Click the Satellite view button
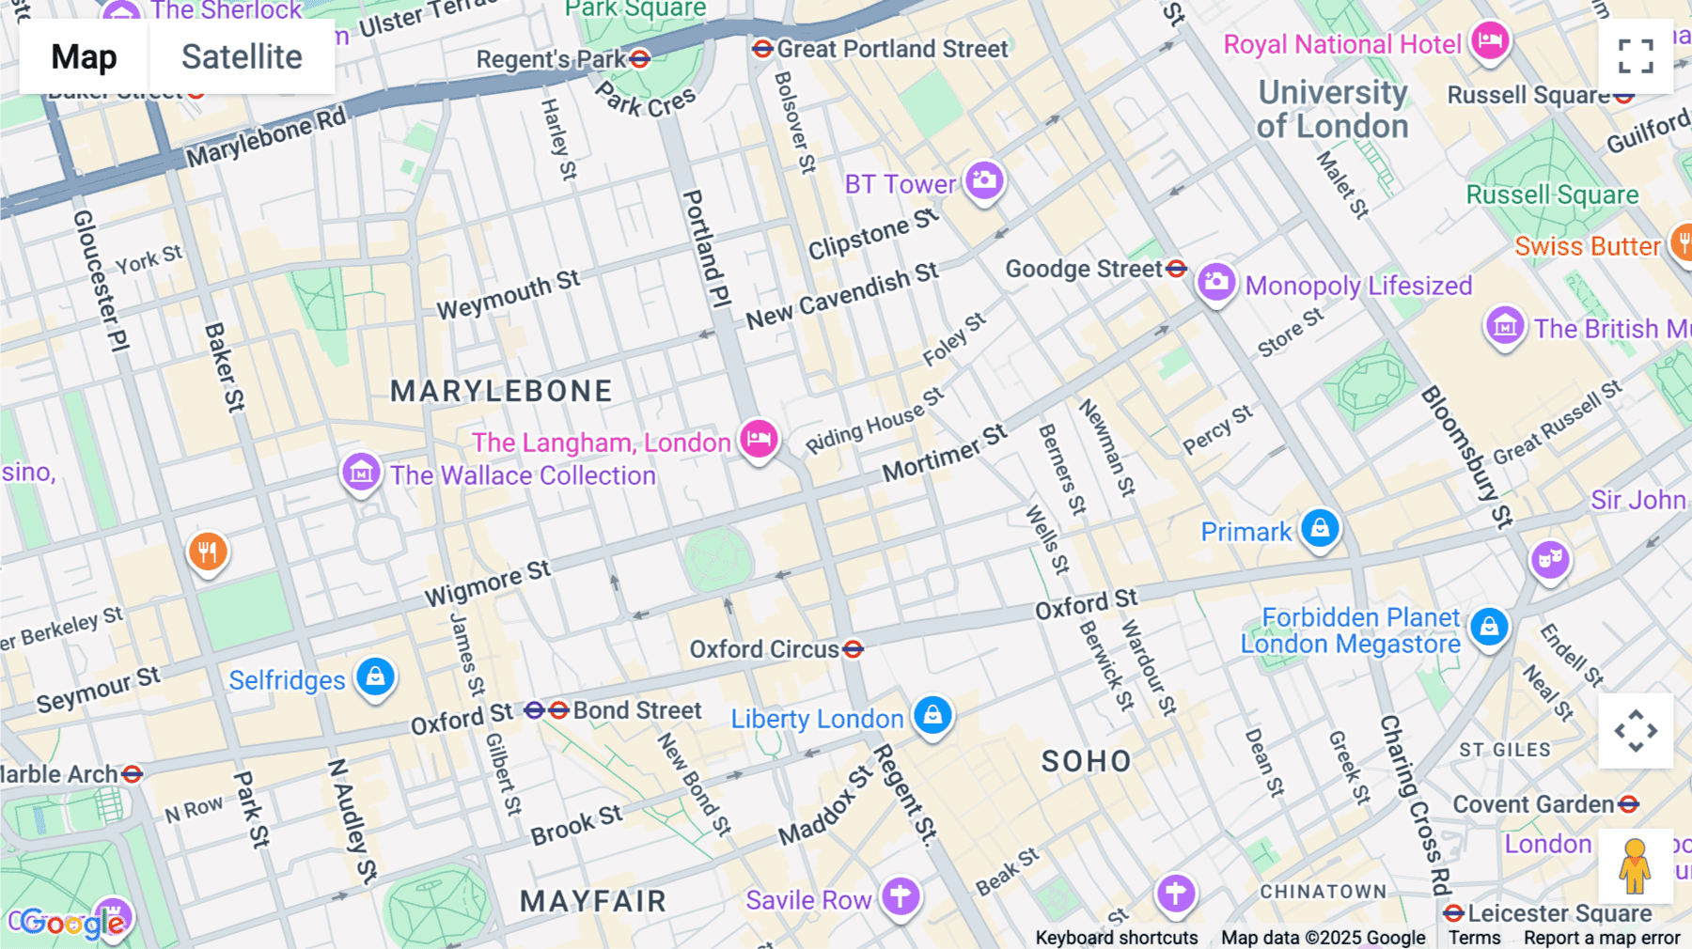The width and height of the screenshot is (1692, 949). (242, 57)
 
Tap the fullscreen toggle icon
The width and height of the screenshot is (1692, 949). (1636, 56)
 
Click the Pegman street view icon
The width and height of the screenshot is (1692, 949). (1636, 866)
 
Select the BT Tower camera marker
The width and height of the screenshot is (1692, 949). (984, 179)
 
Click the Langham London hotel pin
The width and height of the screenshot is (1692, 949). (759, 438)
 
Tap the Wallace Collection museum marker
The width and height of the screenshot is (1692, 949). (361, 473)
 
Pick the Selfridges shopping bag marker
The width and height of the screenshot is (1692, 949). (375, 677)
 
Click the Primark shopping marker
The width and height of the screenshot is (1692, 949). (1320, 528)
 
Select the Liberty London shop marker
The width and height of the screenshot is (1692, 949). (932, 716)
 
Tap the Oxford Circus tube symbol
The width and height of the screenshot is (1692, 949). (853, 649)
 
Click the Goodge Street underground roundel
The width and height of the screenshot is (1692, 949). (1176, 269)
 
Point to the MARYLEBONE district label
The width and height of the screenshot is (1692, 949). (501, 391)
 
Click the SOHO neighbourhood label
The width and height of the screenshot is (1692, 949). (1086, 761)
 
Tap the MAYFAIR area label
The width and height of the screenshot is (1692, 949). (593, 901)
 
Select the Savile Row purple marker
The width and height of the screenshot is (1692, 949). (900, 896)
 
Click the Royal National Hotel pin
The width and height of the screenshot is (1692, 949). (1490, 40)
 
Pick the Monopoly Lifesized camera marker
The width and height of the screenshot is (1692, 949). (1215, 281)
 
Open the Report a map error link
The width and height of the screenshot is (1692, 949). (1602, 938)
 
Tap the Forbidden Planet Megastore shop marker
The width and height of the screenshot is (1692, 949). (1489, 627)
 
